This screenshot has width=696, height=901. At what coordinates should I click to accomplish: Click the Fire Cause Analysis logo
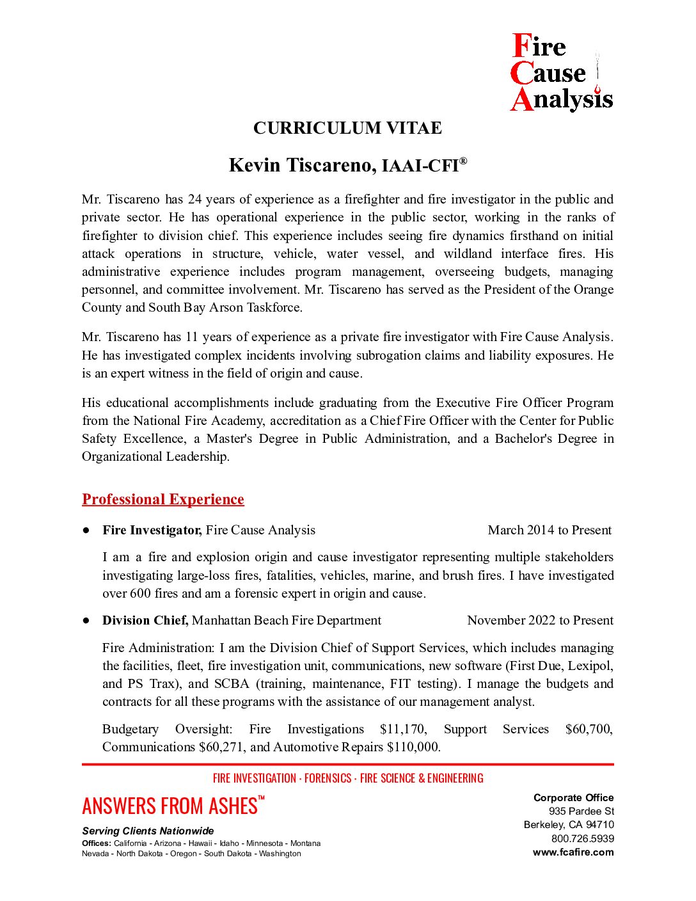click(x=561, y=73)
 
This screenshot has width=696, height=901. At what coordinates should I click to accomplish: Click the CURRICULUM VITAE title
click(x=347, y=128)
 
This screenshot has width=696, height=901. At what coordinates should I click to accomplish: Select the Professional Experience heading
click(x=163, y=499)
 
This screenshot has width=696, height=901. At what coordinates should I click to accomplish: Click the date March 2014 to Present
click(x=550, y=530)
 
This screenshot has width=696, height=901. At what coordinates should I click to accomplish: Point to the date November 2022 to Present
click(x=540, y=620)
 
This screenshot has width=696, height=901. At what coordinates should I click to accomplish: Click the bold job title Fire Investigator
click(x=152, y=530)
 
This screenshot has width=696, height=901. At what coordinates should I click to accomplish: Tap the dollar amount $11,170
click(x=403, y=729)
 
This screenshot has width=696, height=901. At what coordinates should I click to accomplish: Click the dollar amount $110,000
click(x=413, y=747)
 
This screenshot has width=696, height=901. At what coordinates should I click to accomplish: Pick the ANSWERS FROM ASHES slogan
click(x=170, y=806)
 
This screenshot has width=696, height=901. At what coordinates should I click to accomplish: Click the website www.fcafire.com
click(x=573, y=852)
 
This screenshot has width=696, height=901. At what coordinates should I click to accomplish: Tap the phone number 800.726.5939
click(x=583, y=838)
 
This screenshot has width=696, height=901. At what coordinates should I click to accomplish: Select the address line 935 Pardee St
click(x=581, y=811)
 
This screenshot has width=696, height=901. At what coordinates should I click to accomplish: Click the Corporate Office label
click(x=574, y=797)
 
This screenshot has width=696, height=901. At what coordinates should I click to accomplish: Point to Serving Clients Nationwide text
click(x=148, y=831)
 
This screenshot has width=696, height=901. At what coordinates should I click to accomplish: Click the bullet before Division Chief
click(x=86, y=620)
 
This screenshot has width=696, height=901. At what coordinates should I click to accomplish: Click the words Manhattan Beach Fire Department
click(x=287, y=620)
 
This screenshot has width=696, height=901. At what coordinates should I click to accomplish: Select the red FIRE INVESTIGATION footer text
click(x=255, y=778)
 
